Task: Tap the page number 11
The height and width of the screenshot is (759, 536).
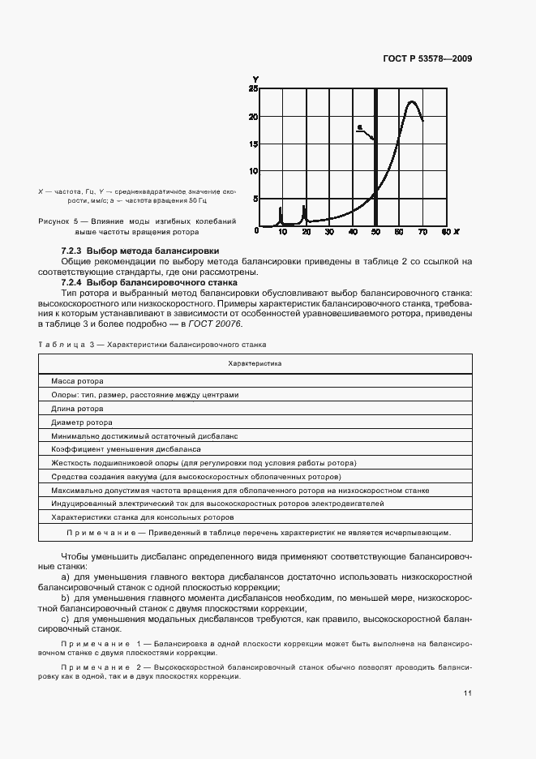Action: [x=468, y=693]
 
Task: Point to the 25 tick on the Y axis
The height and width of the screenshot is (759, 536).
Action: [x=253, y=88]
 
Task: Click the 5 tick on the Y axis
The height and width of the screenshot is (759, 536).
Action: [x=255, y=198]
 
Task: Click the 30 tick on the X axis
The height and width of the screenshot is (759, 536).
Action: [x=329, y=233]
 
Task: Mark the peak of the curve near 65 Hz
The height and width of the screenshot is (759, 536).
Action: [x=412, y=102]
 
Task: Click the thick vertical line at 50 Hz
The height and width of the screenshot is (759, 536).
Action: [x=375, y=162]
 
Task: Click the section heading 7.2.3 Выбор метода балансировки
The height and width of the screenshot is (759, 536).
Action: [x=140, y=251]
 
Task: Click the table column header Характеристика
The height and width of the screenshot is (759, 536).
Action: [x=255, y=364]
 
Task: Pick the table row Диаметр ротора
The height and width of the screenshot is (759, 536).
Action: [x=81, y=422]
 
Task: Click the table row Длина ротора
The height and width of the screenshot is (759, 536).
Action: [x=77, y=409]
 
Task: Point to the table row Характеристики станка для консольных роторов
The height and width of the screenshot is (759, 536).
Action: [x=142, y=517]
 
